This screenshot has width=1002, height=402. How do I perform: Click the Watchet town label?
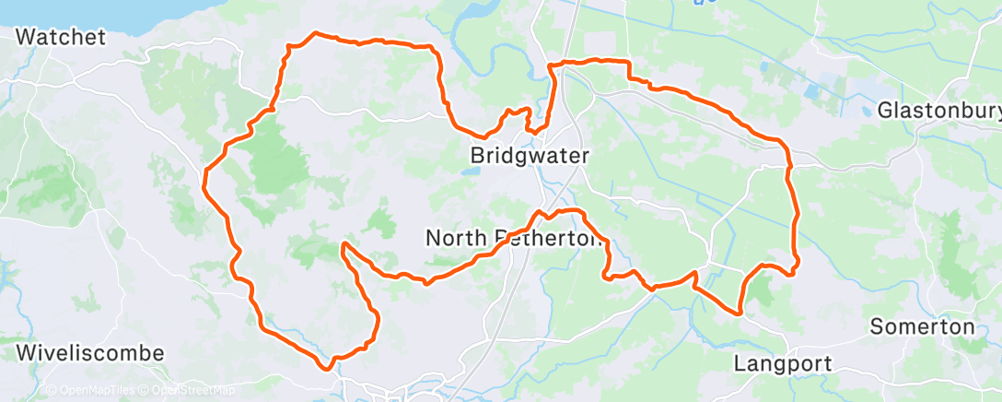point(62,37)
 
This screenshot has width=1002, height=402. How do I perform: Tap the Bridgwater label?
point(529,155)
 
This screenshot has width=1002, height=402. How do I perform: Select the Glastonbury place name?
point(938,111)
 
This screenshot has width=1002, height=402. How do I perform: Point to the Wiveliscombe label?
point(90,353)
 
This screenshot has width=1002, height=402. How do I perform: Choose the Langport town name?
point(783,363)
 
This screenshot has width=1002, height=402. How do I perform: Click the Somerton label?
point(922,327)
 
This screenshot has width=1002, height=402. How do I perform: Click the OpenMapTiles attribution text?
point(93,390)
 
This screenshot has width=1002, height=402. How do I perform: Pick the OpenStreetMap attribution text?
point(189,390)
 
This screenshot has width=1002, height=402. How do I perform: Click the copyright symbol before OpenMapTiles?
point(52,390)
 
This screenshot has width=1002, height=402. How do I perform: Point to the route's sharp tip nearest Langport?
point(740,313)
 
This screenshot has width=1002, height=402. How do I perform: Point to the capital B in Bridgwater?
point(477,155)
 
